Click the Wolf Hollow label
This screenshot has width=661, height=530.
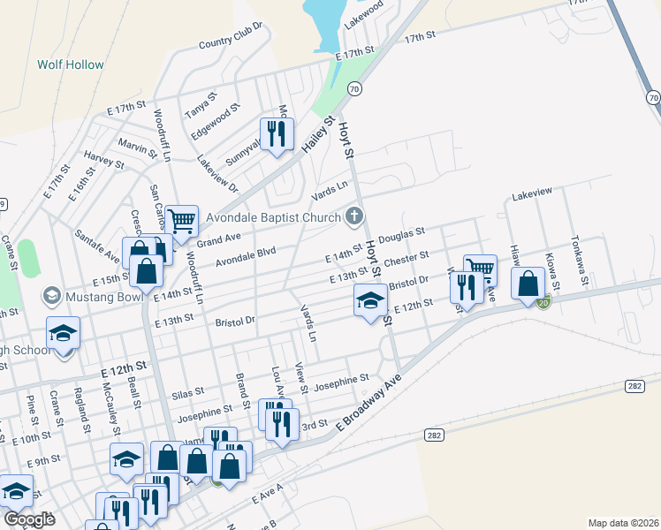click(x=70, y=64)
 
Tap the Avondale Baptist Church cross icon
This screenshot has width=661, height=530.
click(x=353, y=216)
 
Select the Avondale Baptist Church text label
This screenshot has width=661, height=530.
click(x=273, y=217)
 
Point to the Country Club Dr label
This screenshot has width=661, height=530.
click(x=232, y=36)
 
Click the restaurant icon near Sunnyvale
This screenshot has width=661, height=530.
click(x=277, y=134)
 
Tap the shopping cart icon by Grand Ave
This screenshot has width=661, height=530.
click(x=181, y=222)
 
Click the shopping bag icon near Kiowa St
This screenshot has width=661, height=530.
click(x=528, y=284)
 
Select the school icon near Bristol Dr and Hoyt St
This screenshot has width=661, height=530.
click(x=370, y=301)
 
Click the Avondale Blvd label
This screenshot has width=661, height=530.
click(x=246, y=255)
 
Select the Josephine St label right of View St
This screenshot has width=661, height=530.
click(x=340, y=382)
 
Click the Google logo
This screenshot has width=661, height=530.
click(x=30, y=519)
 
